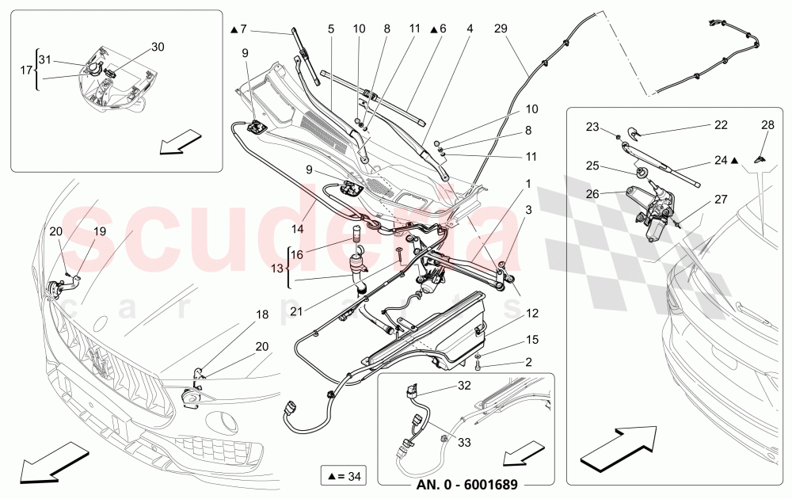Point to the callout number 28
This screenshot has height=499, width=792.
[x=767, y=126]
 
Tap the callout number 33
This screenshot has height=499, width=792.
[x=464, y=443]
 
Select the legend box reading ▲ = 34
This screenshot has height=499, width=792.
[x=342, y=477]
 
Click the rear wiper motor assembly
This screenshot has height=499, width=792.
[x=656, y=209]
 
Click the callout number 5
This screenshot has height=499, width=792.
[x=331, y=29]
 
